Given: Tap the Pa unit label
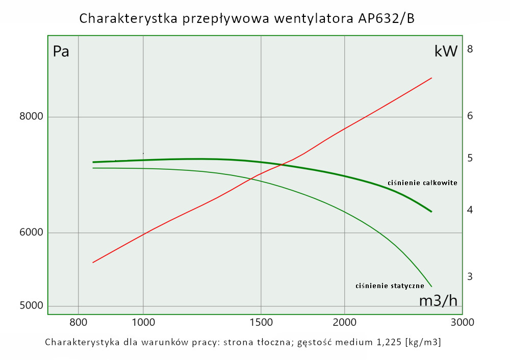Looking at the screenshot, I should pyautogui.click(x=61, y=52).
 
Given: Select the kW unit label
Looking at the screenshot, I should pyautogui.click(x=446, y=51).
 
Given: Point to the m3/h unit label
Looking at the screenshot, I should pyautogui.click(x=438, y=301).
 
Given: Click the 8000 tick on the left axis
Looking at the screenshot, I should pyautogui.click(x=32, y=117).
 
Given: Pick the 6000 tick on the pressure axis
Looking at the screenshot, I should pyautogui.click(x=32, y=233).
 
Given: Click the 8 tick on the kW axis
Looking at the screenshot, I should pyautogui.click(x=470, y=49).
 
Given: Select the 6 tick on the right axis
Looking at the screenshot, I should pyautogui.click(x=470, y=116).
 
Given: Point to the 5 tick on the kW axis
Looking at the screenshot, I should pyautogui.click(x=470, y=159).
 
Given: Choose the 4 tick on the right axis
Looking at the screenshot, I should pyautogui.click(x=470, y=210).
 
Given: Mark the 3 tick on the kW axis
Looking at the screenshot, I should pyautogui.click(x=470, y=276).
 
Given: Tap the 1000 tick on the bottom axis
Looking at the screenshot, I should pyautogui.click(x=143, y=322).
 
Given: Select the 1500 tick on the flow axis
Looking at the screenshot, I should pyautogui.click(x=261, y=322).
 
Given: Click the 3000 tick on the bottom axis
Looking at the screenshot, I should pyautogui.click(x=463, y=322).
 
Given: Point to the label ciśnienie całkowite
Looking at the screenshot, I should pyautogui.click(x=422, y=183).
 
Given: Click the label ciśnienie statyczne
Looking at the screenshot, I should pyautogui.click(x=390, y=286).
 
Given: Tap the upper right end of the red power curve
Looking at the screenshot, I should pyautogui.click(x=431, y=78).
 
